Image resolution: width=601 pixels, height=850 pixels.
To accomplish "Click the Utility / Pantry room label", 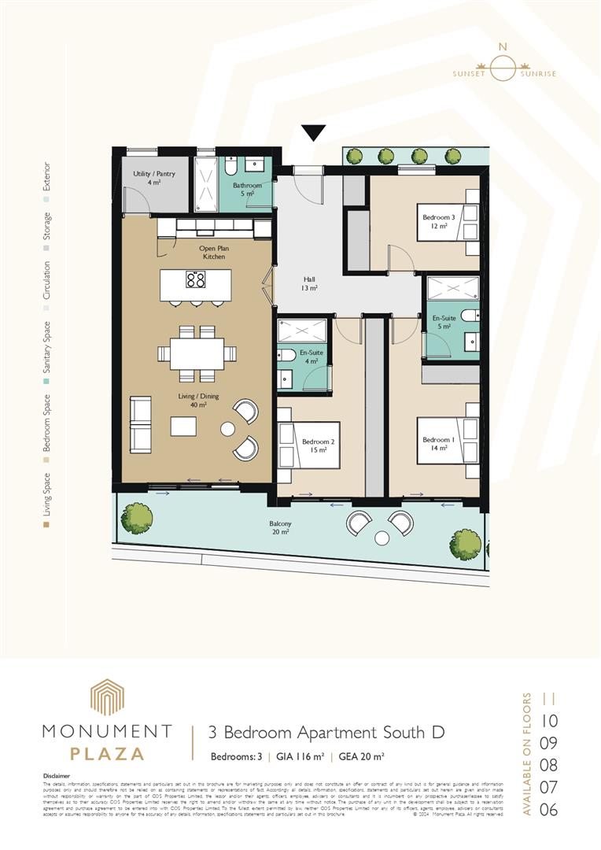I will coord(154,177).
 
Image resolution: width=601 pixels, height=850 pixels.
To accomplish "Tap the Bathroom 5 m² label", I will coord(246,189).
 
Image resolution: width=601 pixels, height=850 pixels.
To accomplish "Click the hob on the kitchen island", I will coord(195,279).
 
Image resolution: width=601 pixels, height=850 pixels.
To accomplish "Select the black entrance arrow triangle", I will coord(314,133).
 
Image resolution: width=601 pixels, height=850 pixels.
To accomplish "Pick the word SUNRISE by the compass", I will coord(538,74).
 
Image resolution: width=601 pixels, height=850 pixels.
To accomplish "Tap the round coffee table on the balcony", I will coord(382,538).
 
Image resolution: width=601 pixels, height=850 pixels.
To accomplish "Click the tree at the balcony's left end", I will coord(137,518).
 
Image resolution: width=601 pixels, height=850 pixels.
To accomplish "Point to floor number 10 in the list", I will coord(550,720).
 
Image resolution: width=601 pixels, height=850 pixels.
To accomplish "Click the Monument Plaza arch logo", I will coord(106,697).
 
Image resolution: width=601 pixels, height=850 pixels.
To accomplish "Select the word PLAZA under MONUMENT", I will coord(107,753).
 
